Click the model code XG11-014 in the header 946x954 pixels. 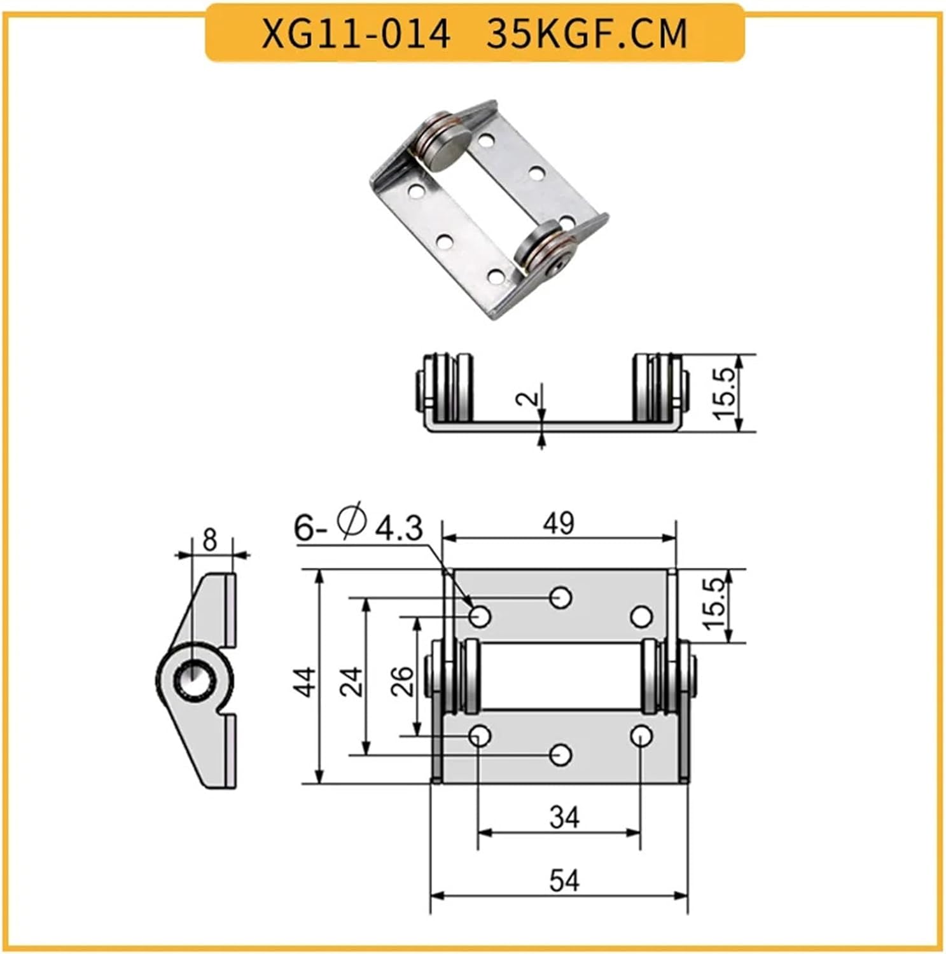356,34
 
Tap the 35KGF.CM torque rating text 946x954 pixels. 587,34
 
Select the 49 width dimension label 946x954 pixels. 559,523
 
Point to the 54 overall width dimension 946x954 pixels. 564,881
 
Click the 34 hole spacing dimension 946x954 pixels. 564,817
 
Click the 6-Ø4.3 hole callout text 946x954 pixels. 358,527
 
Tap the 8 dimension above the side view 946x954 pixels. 209,540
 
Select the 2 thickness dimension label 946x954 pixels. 529,399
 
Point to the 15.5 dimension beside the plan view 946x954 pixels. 715,604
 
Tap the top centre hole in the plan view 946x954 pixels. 560,597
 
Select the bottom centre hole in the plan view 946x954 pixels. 560,755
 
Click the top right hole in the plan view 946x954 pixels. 641,616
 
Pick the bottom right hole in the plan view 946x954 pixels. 641,736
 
